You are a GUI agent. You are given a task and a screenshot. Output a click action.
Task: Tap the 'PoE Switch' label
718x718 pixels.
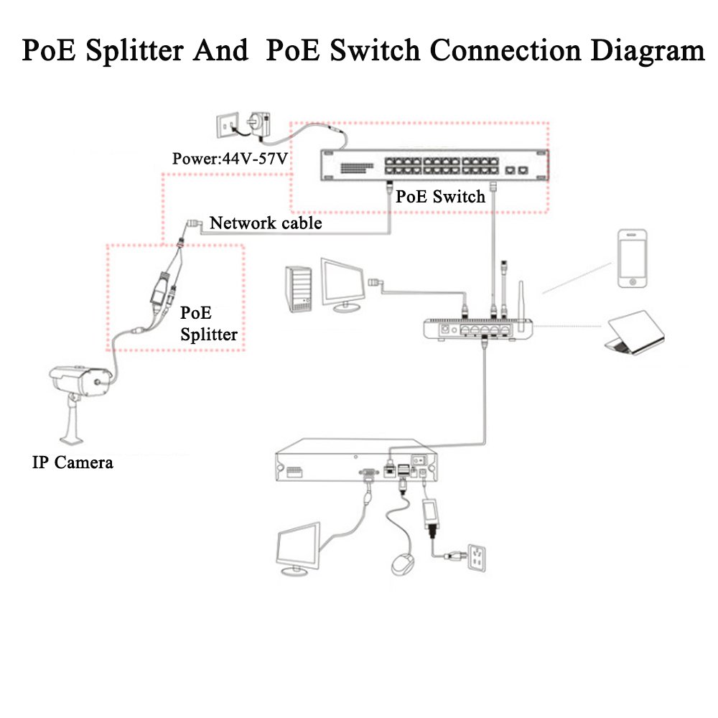(441, 196)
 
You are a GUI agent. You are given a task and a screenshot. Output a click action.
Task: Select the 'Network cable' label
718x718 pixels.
(266, 223)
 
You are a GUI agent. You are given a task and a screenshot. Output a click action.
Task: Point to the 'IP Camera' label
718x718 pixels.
(73, 462)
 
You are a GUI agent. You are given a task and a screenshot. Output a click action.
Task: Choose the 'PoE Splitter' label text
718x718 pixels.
(208, 324)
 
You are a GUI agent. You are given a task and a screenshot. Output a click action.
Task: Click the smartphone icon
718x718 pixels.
(632, 258)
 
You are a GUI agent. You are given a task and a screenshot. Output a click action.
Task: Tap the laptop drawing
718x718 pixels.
(633, 332)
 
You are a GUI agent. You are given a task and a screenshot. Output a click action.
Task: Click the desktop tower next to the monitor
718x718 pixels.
(300, 289)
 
